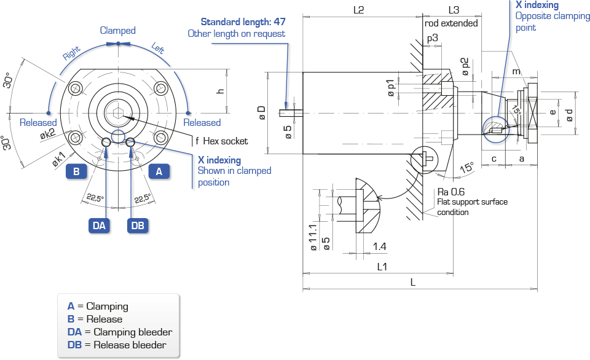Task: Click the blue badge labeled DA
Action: click(100, 225)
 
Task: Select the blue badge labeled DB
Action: click(138, 225)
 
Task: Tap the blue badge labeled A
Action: click(159, 171)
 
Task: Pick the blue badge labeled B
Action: click(76, 171)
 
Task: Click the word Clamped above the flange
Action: click(118, 31)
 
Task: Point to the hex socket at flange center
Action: click(118, 112)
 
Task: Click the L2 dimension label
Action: click(358, 10)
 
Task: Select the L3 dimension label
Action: click(454, 10)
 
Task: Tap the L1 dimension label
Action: click(382, 267)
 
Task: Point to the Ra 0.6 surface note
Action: click(450, 192)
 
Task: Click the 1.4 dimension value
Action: click(379, 246)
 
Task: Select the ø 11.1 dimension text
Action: click(313, 238)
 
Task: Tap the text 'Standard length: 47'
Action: click(243, 22)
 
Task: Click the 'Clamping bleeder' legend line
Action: click(120, 332)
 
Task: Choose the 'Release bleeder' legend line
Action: click(117, 345)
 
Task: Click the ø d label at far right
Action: click(569, 115)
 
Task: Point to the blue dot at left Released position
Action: click(48, 113)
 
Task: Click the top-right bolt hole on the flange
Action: click(160, 89)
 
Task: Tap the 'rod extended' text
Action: click(451, 23)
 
